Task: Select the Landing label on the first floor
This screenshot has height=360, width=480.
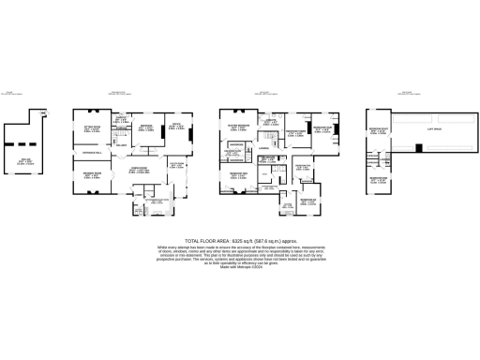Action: pyautogui.click(x=265, y=148)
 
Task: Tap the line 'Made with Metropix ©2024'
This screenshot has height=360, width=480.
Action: pyautogui.click(x=239, y=268)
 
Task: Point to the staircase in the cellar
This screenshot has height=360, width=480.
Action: pyautogui.click(x=41, y=114)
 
